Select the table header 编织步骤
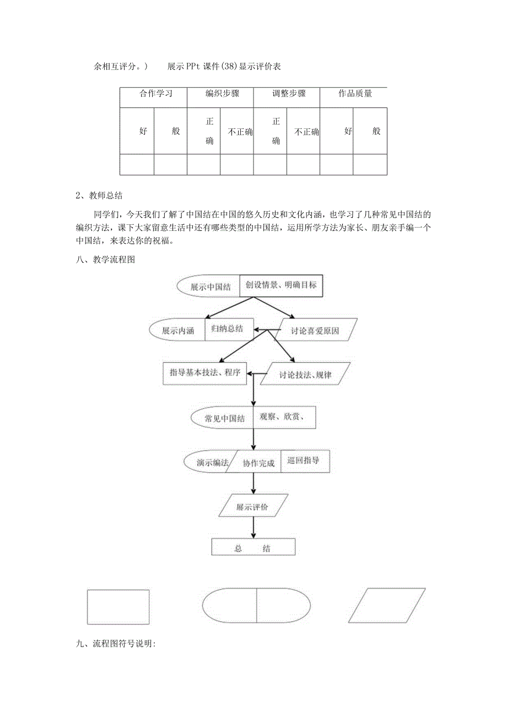coord(220,94)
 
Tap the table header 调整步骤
coord(287,94)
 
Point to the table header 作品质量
coord(353,94)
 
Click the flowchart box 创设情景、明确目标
coord(281,285)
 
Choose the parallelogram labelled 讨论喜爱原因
coord(315,331)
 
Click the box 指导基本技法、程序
coord(205,373)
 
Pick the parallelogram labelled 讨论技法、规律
coord(305,374)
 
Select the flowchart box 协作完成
coord(258,463)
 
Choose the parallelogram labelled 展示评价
coord(252,506)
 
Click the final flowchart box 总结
coord(253,548)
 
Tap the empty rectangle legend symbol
coord(118,607)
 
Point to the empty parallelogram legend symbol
coord(387,605)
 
